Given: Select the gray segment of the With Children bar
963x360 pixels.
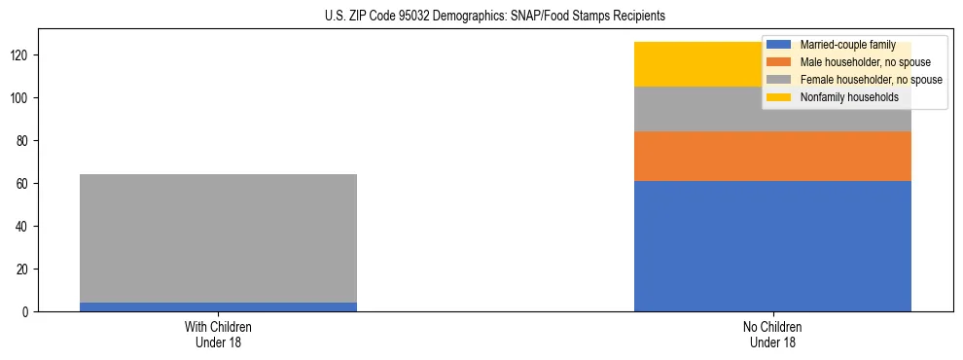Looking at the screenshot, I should click(x=218, y=238).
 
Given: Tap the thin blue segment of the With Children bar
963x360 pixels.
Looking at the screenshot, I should click(x=218, y=306).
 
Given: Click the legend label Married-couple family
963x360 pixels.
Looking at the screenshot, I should click(x=844, y=45).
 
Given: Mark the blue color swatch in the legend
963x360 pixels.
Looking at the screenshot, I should click(x=778, y=45).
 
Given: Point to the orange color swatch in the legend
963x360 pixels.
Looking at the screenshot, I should click(x=778, y=62).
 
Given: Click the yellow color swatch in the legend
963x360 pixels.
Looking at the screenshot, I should click(x=778, y=97).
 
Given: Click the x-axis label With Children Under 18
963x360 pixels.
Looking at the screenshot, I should click(x=218, y=334).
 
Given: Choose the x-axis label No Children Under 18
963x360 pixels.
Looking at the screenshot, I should click(x=772, y=334).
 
